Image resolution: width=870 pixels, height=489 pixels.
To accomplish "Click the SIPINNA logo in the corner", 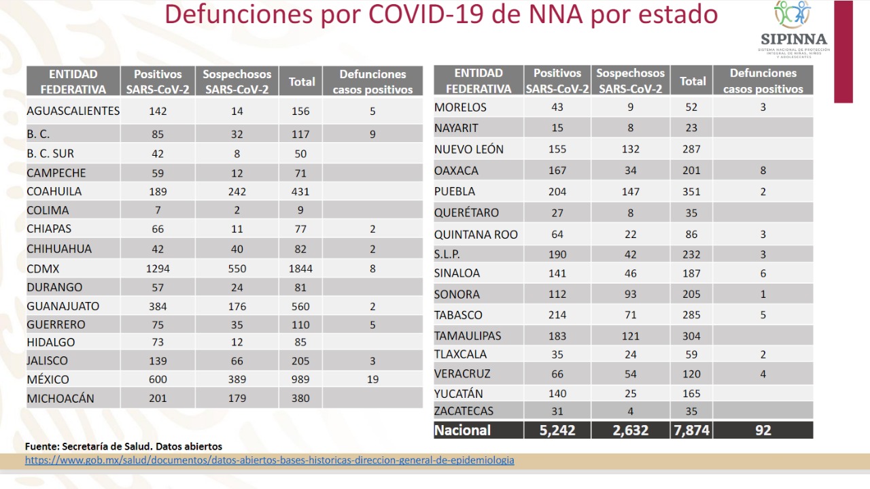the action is (x=793, y=29).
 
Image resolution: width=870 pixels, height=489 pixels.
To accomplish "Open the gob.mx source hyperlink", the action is (x=270, y=460).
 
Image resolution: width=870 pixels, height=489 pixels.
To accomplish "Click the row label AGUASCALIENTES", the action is (x=73, y=111).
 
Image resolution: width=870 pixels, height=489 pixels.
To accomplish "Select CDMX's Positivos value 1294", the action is (x=158, y=269).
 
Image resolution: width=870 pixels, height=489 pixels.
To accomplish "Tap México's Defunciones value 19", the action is (x=372, y=380).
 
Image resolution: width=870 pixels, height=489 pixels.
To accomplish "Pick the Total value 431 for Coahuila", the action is (x=300, y=192).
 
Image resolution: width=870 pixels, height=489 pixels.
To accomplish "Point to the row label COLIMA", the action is (x=48, y=210).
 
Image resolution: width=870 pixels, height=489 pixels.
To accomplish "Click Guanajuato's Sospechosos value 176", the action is (x=237, y=306).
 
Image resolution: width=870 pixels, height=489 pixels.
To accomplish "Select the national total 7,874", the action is (x=691, y=431).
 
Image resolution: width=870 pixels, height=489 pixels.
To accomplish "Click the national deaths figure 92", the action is (x=763, y=431).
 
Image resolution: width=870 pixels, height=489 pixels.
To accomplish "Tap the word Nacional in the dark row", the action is (x=462, y=431).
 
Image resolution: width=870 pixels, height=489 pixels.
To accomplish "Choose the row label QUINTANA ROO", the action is (x=476, y=235).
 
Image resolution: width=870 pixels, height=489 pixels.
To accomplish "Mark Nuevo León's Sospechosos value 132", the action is (x=630, y=149).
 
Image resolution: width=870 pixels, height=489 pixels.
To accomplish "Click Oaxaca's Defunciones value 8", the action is (x=763, y=170).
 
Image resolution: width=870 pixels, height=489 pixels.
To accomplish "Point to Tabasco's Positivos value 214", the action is (x=557, y=315).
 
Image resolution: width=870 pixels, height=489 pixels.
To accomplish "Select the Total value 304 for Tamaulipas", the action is (x=691, y=336).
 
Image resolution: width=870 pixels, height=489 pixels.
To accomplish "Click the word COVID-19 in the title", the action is (x=426, y=15).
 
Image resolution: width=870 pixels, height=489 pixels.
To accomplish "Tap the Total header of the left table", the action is (x=301, y=82).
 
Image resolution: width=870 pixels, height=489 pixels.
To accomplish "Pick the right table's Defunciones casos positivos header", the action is (x=763, y=81).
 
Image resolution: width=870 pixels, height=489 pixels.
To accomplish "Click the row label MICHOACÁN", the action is (x=60, y=399).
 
